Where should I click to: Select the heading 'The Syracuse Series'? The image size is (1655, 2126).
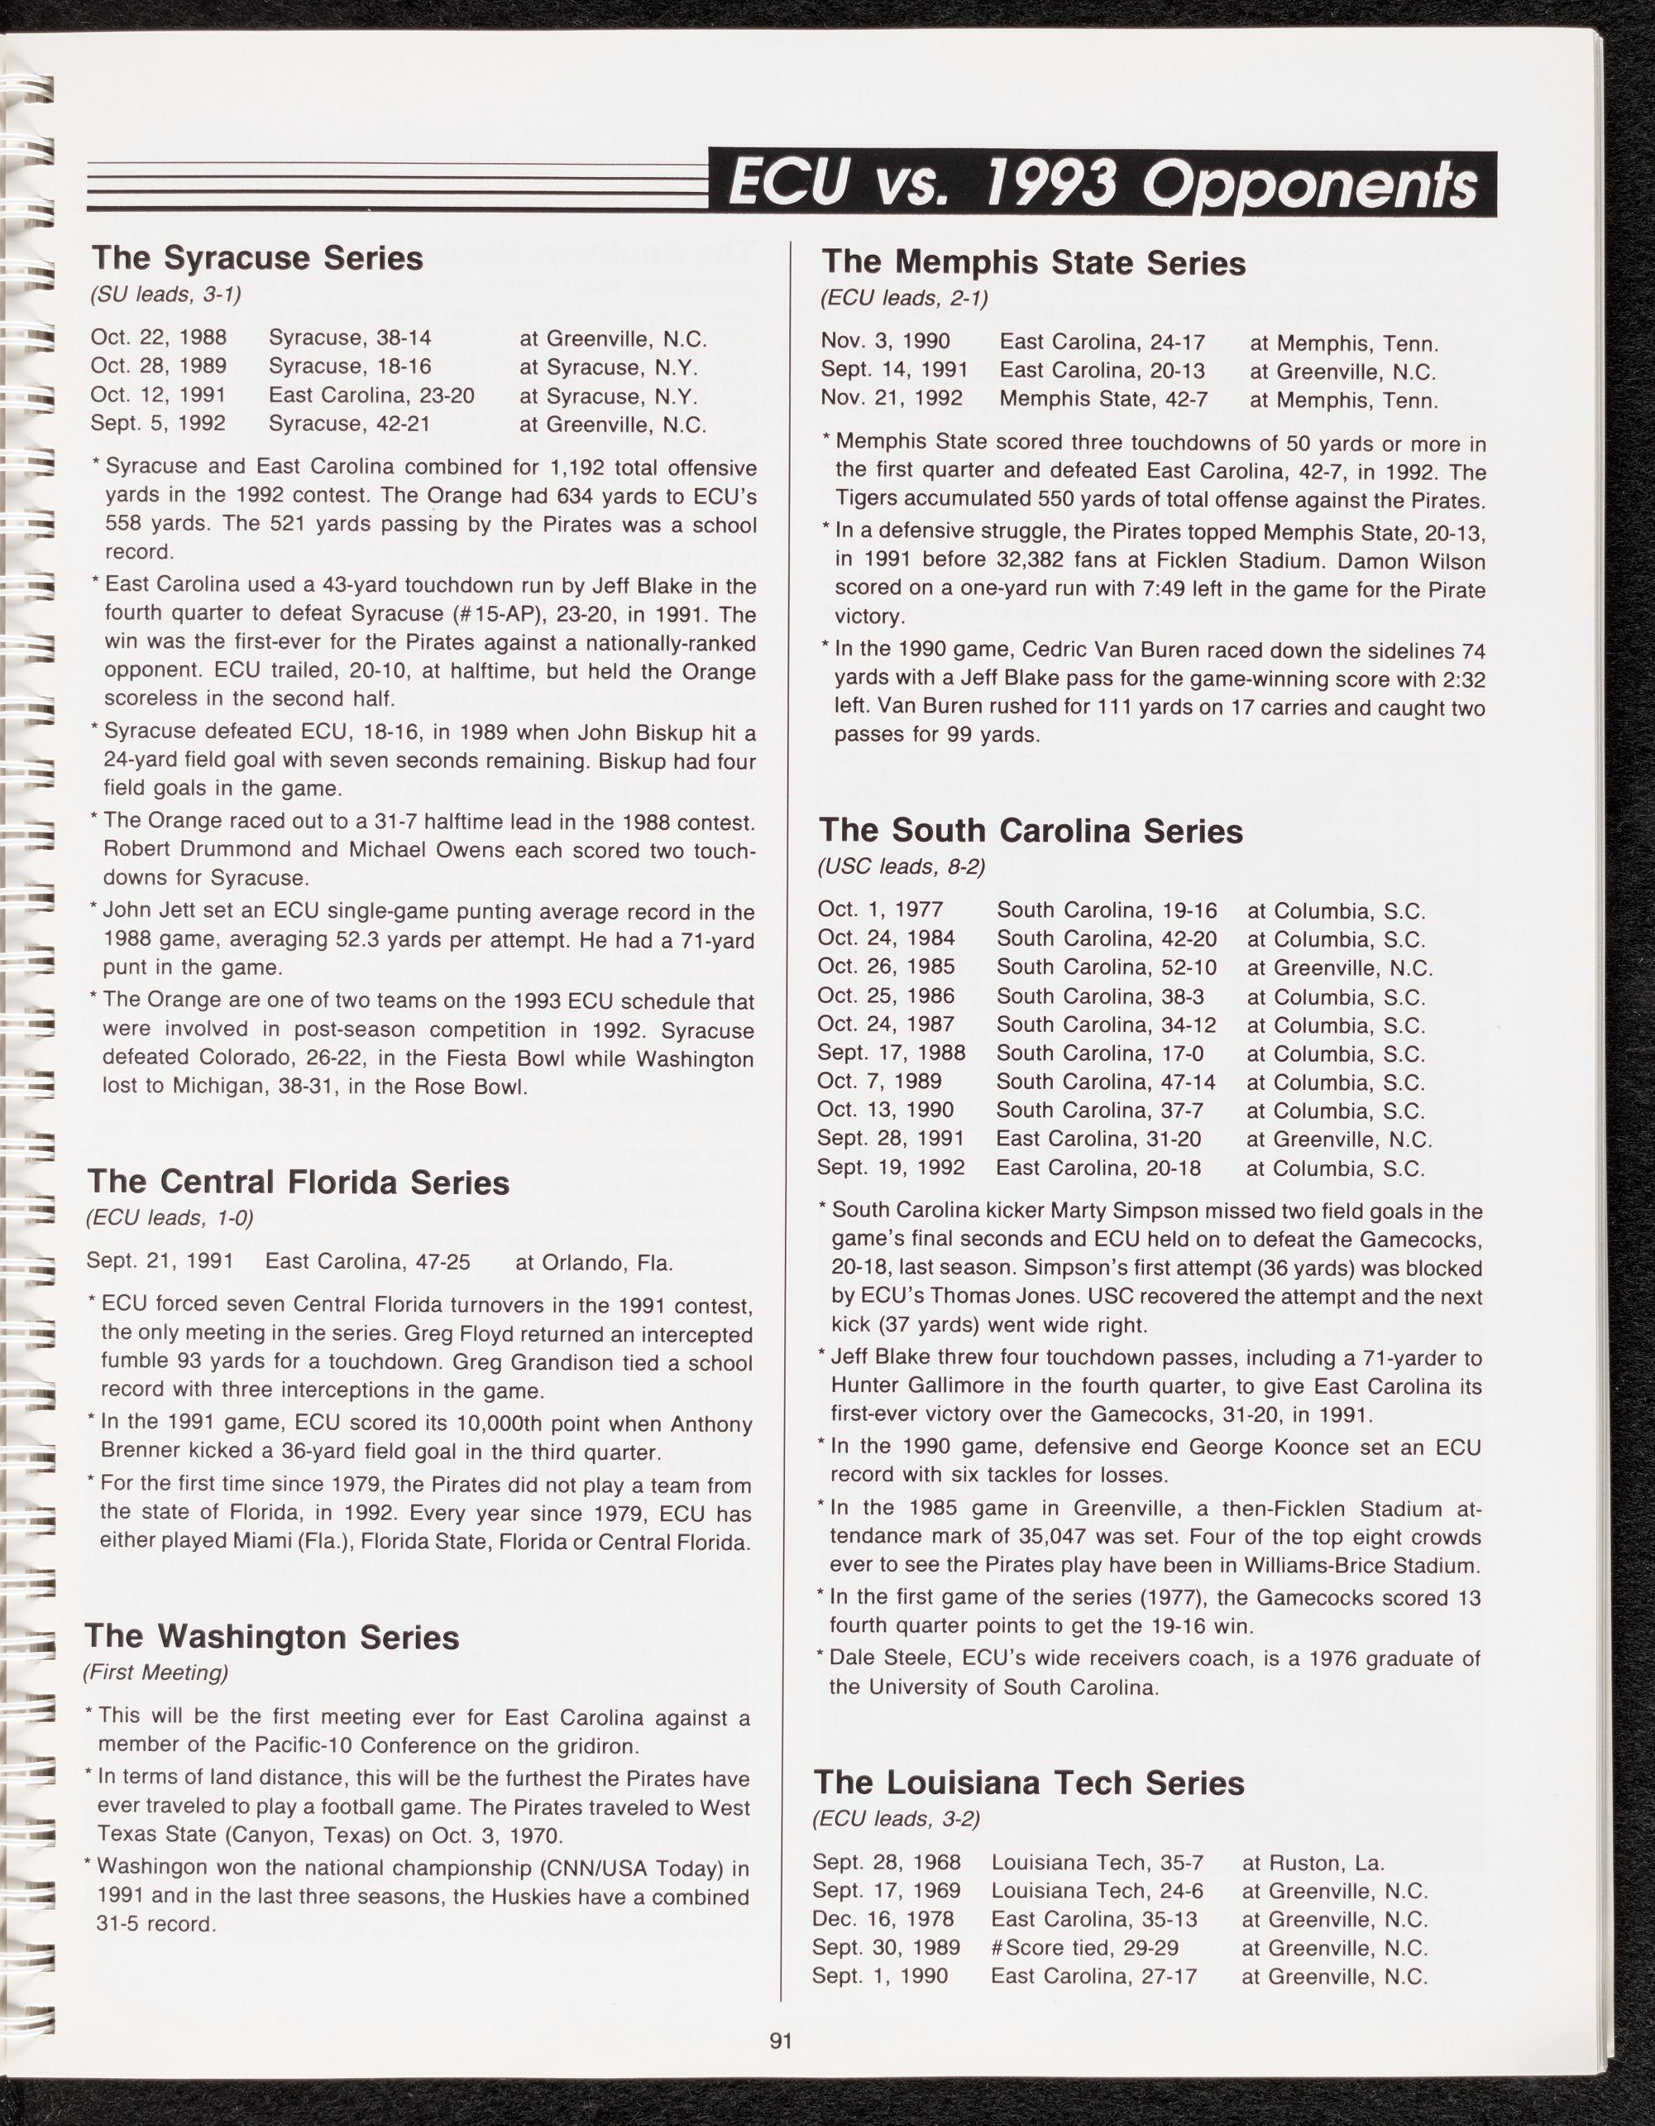point(257,258)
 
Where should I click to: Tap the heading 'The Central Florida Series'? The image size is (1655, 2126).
point(299,1182)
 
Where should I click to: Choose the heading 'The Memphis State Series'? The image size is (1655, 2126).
point(1032,263)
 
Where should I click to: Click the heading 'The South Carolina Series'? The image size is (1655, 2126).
point(1031,830)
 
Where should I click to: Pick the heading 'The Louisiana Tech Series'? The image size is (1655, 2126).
point(1028,1783)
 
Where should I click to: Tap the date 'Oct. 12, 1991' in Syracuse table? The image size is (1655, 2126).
point(159,396)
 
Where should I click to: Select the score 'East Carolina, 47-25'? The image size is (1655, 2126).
point(368,1263)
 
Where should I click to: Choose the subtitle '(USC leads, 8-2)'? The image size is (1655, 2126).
point(901,867)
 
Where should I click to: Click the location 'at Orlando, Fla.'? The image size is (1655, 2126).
point(594,1264)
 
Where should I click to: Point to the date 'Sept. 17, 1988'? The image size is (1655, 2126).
point(892,1053)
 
